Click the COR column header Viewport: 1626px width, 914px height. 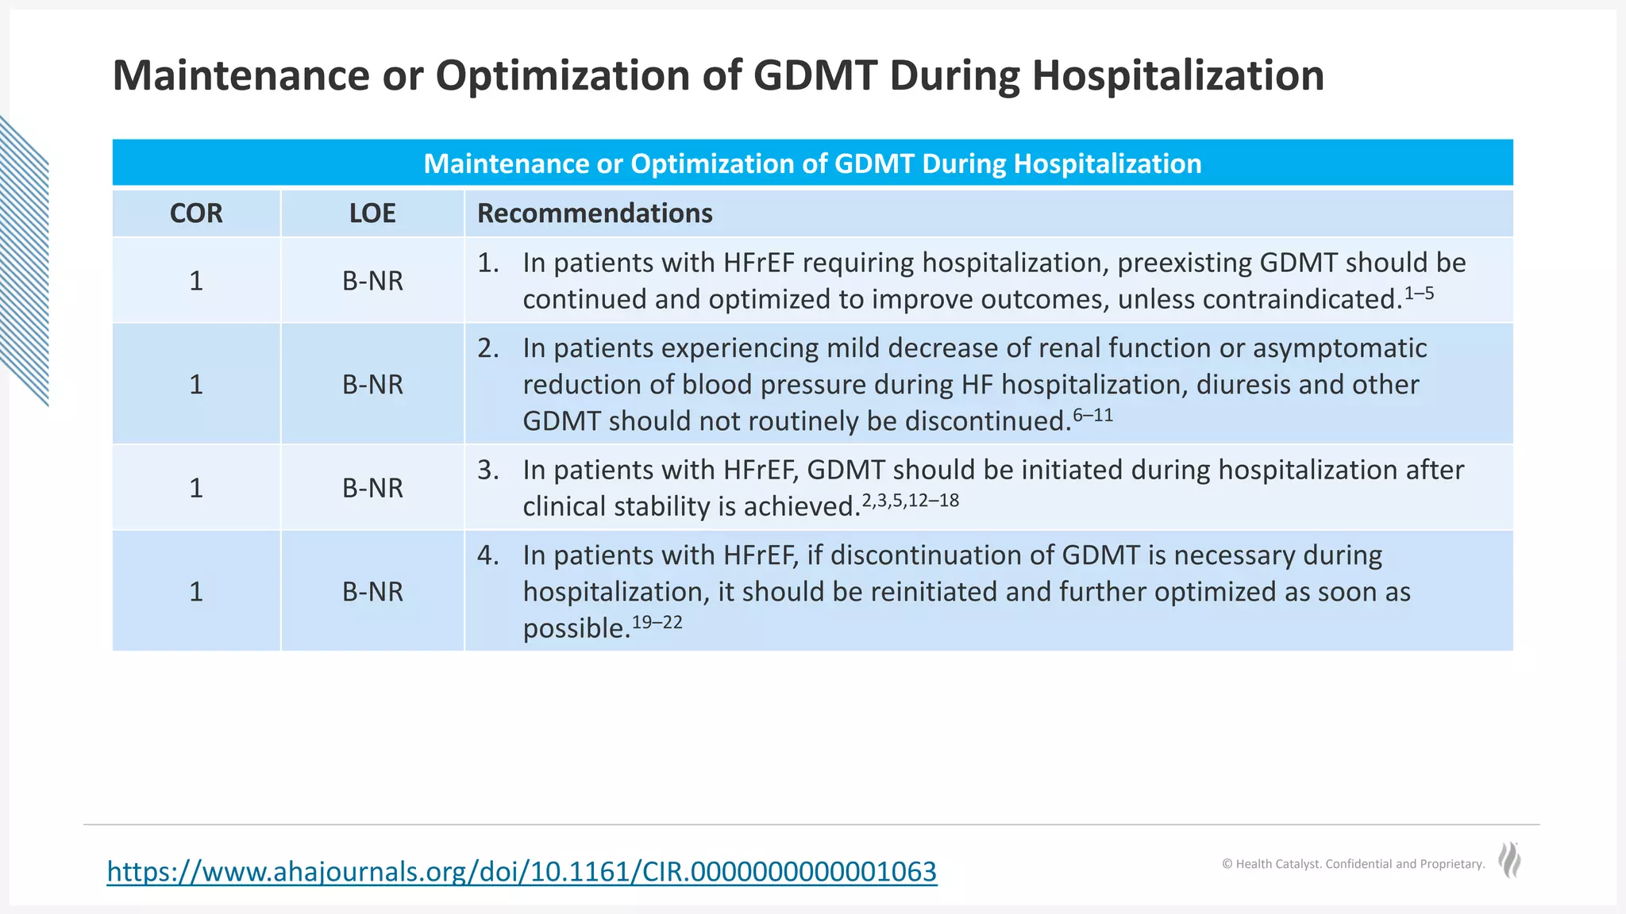[196, 213]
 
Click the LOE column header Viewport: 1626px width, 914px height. [372, 213]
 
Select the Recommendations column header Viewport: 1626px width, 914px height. [595, 213]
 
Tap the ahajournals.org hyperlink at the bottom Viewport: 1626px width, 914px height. [522, 871]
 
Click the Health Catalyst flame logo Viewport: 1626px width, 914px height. [1509, 861]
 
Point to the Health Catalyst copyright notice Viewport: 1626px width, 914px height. [1353, 864]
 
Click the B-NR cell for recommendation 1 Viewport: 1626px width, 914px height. [372, 281]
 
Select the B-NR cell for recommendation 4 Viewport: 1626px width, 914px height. [372, 592]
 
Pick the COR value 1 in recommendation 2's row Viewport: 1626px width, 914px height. [196, 385]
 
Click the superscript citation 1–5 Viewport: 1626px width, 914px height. [1419, 294]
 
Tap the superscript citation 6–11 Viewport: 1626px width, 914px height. [1092, 415]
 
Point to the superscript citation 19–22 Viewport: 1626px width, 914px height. [657, 623]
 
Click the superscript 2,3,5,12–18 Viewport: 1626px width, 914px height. [910, 501]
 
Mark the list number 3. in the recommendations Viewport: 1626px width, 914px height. [488, 470]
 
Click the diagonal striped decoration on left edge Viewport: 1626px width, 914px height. [24, 262]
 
